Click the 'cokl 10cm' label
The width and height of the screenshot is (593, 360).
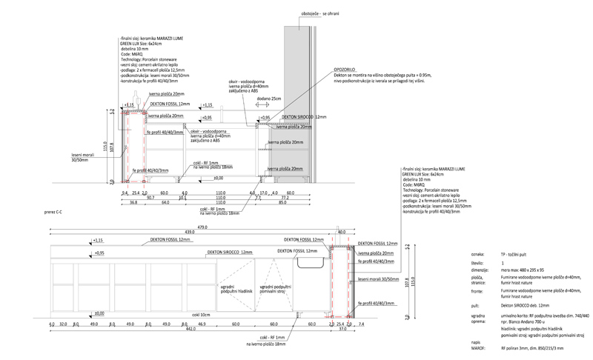199,315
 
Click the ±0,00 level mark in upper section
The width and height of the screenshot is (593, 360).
218,178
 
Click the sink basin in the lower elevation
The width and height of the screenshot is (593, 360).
311,259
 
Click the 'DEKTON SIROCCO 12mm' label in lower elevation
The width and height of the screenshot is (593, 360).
241,253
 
